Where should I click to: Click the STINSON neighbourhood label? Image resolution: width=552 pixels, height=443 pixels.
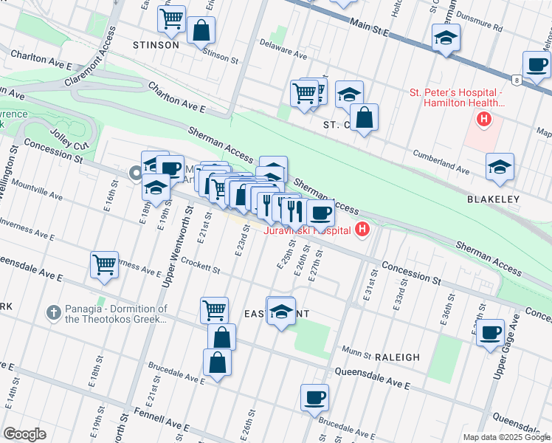[156, 44]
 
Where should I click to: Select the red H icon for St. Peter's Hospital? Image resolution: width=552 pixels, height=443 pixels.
[484, 119]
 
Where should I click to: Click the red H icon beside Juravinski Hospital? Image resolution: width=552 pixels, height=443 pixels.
[362, 230]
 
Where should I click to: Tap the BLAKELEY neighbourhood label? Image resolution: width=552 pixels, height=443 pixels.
[493, 199]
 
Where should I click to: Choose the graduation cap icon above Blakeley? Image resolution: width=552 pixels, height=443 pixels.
[500, 167]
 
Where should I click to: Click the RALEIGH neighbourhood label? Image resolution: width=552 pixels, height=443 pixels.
[397, 357]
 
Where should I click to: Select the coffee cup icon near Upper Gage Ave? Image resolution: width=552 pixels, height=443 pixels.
[489, 333]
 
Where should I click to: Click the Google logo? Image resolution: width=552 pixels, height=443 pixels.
[24, 434]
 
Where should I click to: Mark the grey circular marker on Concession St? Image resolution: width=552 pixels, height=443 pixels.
[135, 174]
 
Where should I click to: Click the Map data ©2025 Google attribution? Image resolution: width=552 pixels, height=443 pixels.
[506, 436]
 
